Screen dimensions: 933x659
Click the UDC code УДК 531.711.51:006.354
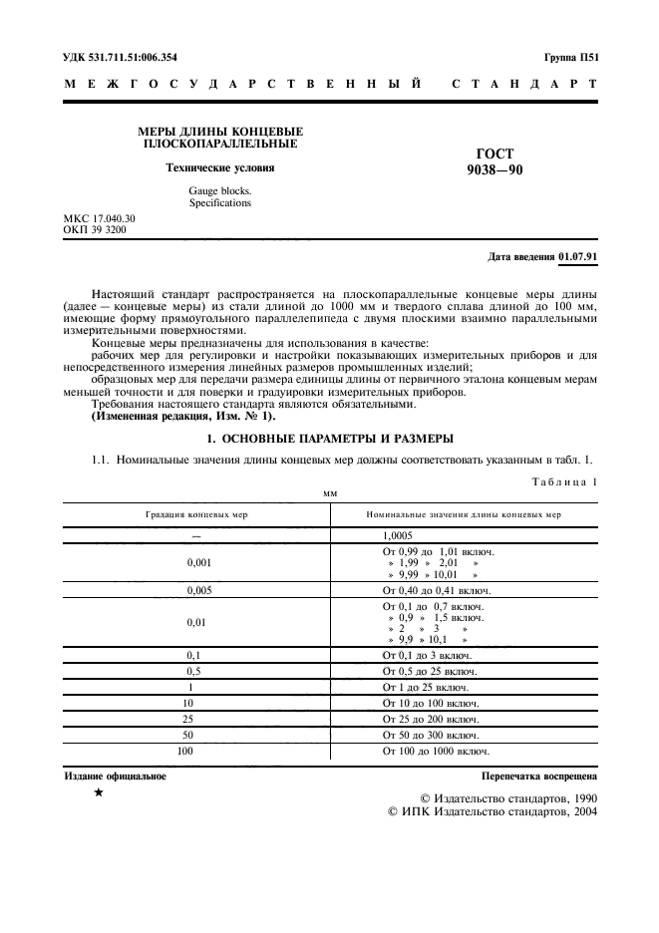pyautogui.click(x=133, y=58)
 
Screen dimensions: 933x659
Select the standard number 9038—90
pyautogui.click(x=494, y=169)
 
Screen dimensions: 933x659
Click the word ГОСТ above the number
pyautogui.click(x=495, y=154)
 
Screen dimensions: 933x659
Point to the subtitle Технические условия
pyautogui.click(x=219, y=167)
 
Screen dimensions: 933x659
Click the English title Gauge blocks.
pyautogui.click(x=220, y=189)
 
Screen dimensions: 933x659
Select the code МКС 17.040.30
pyautogui.click(x=100, y=217)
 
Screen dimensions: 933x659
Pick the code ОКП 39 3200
pyautogui.click(x=95, y=229)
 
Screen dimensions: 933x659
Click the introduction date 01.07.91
pyautogui.click(x=578, y=256)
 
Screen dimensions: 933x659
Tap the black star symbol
pyautogui.click(x=98, y=792)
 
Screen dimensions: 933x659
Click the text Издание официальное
pyautogui.click(x=116, y=775)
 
